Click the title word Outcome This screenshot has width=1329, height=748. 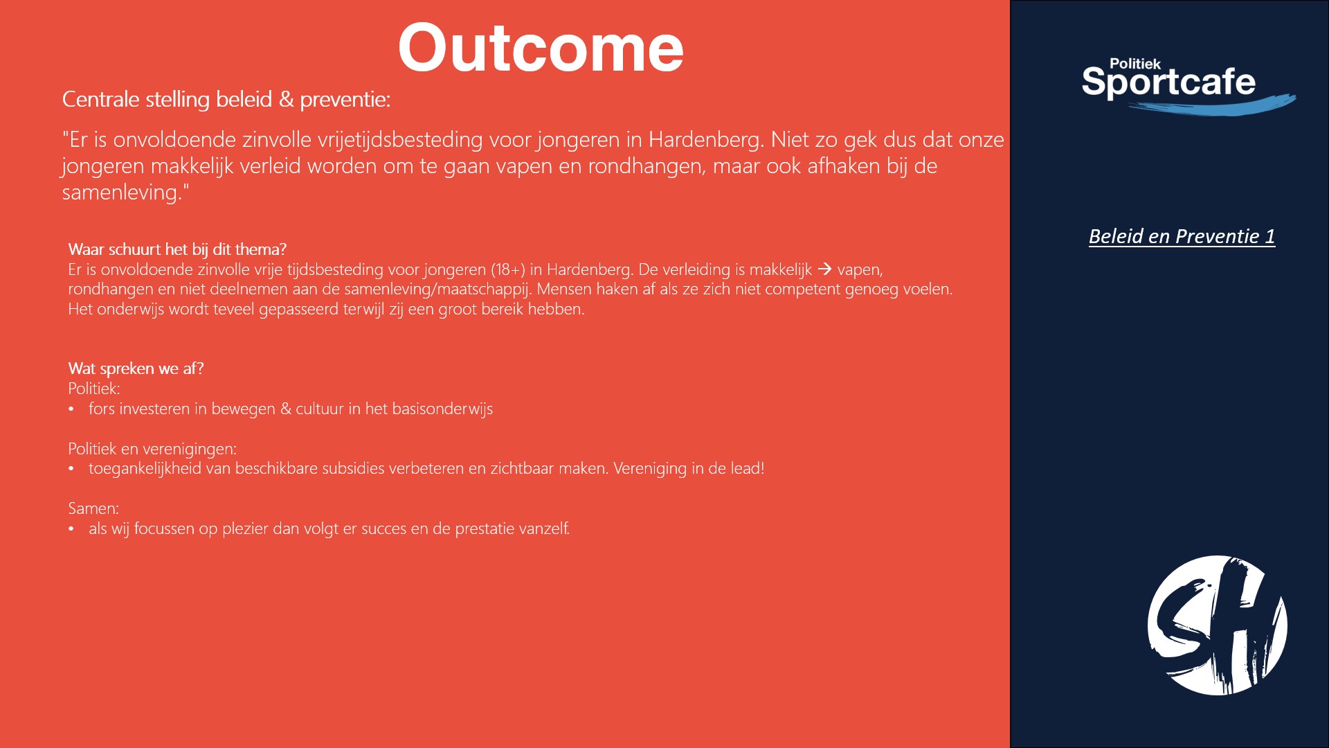[x=541, y=48]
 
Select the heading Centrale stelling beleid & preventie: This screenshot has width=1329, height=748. [x=226, y=100]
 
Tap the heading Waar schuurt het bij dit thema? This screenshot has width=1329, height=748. [x=177, y=249]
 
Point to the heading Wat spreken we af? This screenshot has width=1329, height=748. [x=136, y=368]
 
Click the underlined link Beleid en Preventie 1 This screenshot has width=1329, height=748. [x=1182, y=236]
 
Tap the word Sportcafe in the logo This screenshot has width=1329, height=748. [x=1168, y=82]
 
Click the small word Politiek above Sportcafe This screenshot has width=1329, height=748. [x=1135, y=64]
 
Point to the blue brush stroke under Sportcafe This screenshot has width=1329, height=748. [x=1212, y=105]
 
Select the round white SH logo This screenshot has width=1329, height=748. [x=1218, y=625]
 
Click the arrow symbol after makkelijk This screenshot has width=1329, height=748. [x=824, y=269]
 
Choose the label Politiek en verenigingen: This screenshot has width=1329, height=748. [x=152, y=449]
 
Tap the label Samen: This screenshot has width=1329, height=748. [x=93, y=508]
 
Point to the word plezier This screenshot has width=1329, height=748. [x=245, y=528]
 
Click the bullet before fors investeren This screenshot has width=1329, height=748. [x=71, y=409]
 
